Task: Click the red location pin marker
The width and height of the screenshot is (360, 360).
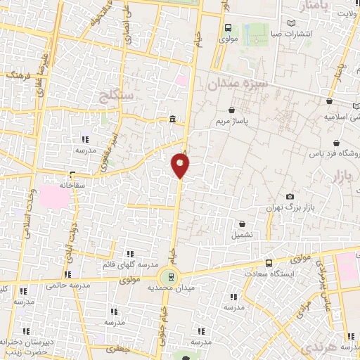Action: click(180, 165)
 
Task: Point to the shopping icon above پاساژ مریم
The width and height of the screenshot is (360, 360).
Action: click(232, 110)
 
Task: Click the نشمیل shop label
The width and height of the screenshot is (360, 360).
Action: click(243, 234)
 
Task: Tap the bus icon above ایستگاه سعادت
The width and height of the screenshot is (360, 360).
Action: click(269, 263)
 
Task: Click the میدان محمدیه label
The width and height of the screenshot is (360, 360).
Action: click(168, 288)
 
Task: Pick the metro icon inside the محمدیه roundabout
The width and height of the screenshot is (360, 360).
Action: click(169, 276)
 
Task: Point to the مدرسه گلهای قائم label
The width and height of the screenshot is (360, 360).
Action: click(129, 264)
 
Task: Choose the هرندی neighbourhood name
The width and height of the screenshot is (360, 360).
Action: click(314, 348)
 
